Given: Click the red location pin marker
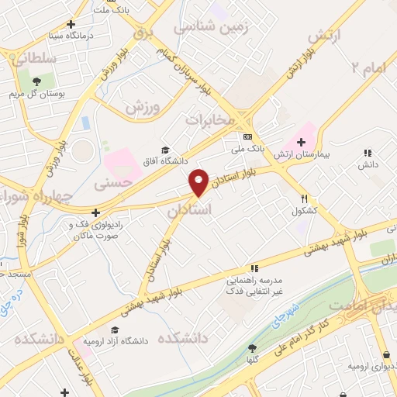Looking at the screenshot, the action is [x=199, y=181].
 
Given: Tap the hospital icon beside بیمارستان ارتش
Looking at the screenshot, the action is [x=299, y=143].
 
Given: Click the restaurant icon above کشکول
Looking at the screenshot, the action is [x=305, y=198].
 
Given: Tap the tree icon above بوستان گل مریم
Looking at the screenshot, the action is [x=36, y=80].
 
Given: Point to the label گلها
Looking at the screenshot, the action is [x=252, y=361].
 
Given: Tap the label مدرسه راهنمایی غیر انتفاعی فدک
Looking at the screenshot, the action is [x=254, y=285].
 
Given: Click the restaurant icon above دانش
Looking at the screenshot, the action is [x=367, y=154].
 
